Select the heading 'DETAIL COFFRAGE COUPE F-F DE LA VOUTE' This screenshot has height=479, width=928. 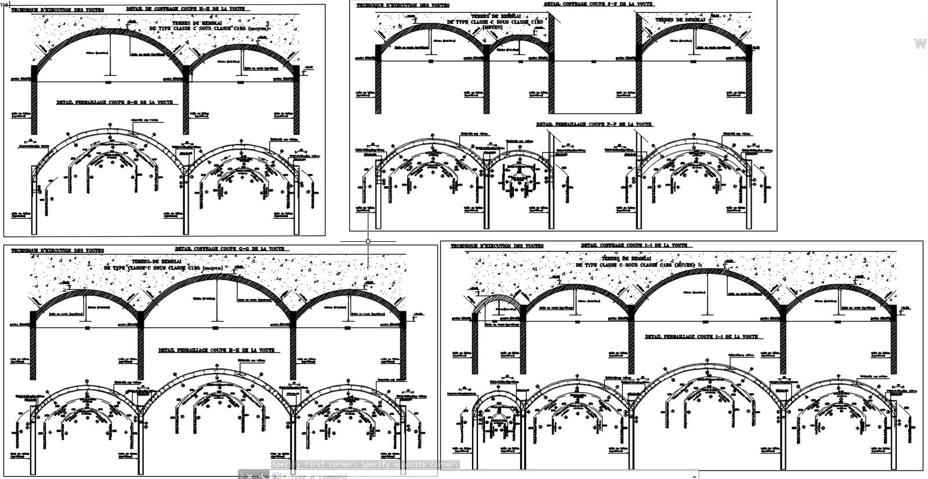click(599, 4)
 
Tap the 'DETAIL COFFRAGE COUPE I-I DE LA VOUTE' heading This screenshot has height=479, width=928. click(635, 245)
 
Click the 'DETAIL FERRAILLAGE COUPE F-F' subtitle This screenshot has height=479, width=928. click(594, 125)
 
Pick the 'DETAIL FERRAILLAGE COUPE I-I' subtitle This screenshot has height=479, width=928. click(702, 337)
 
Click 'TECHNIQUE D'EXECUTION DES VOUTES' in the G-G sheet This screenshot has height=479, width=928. click(57, 251)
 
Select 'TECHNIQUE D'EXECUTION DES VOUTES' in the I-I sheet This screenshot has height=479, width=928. click(497, 246)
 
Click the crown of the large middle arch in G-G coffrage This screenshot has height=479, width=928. click(217, 274)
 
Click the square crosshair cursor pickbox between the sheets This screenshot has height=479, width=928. click(368, 241)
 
